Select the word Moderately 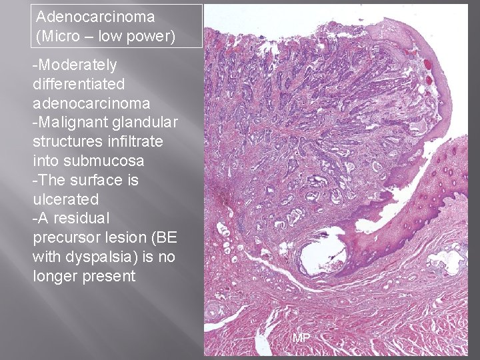(x=77, y=65)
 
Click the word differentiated (x=78, y=84)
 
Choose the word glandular (x=143, y=122)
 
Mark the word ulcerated (x=65, y=199)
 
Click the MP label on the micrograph (x=301, y=339)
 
